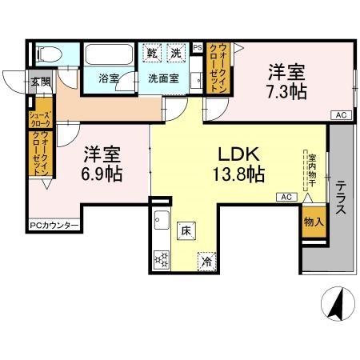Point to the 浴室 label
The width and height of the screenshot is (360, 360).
108,79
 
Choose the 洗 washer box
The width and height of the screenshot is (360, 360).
176,54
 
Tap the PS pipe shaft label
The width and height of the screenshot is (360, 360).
198,48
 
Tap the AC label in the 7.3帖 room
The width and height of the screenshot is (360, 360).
340,115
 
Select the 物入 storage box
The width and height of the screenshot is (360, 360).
314,222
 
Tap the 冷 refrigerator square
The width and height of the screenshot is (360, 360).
207,260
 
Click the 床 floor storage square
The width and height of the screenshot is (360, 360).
184,229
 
